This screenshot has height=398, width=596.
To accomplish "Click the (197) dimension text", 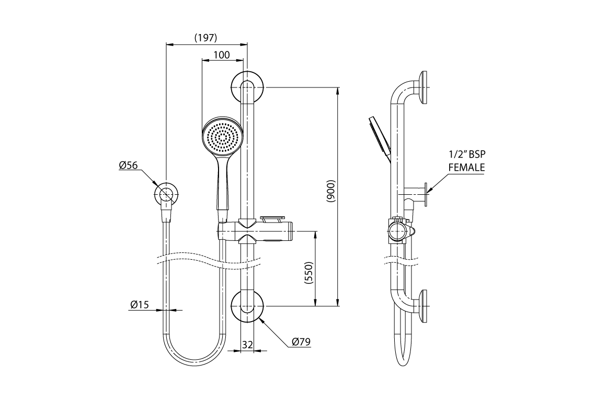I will pyautogui.click(x=205, y=38).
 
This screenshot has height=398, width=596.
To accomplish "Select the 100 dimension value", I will pyautogui.click(x=222, y=55).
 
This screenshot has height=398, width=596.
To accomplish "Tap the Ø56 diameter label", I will pyautogui.click(x=128, y=165).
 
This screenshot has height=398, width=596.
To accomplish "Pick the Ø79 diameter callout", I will pyautogui.click(x=301, y=342).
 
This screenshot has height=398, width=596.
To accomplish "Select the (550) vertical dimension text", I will pyautogui.click(x=308, y=272).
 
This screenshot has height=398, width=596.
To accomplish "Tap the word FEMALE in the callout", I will pyautogui.click(x=466, y=168).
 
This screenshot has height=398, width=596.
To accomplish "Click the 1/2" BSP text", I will pyautogui.click(x=467, y=155).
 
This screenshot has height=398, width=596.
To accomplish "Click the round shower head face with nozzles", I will pyautogui.click(x=223, y=136).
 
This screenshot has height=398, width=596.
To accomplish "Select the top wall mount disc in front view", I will pyautogui.click(x=247, y=87).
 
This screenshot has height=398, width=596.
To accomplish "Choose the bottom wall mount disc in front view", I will pyautogui.click(x=247, y=306).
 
